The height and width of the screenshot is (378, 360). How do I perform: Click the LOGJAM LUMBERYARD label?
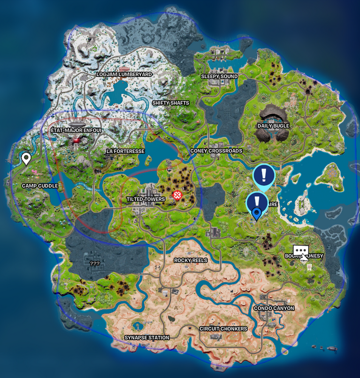click(124, 75)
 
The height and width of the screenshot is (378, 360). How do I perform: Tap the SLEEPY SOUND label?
click(219, 76)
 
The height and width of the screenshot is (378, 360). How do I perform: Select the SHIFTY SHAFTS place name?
click(170, 103)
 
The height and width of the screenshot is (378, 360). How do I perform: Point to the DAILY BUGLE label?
click(273, 126)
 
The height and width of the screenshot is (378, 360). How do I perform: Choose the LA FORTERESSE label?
click(125, 151)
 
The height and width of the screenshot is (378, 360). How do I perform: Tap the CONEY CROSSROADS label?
click(216, 151)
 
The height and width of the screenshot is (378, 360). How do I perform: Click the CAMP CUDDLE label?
click(40, 186)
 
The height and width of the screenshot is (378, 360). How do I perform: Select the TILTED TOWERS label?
click(146, 199)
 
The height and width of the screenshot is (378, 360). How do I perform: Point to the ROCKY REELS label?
click(191, 260)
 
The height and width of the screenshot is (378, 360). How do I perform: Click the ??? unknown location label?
click(95, 264)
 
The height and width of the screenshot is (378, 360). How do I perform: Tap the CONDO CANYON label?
click(274, 308)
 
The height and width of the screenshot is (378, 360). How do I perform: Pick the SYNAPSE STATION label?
click(146, 338)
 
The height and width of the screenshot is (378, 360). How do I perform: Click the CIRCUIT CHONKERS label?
click(223, 329)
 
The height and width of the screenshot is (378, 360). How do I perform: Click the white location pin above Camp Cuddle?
click(26, 158)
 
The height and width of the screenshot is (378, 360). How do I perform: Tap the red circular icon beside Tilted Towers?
click(177, 195)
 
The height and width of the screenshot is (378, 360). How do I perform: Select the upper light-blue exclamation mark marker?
click(264, 175)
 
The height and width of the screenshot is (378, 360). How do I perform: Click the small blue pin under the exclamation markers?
click(257, 214)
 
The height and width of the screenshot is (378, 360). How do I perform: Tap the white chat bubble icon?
click(300, 250)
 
